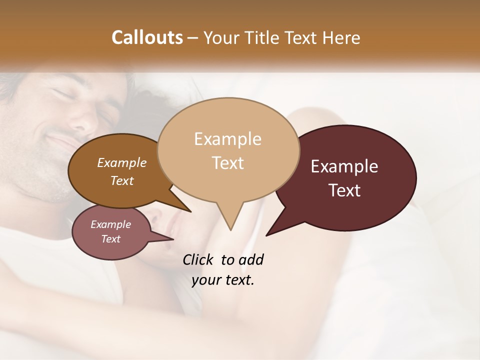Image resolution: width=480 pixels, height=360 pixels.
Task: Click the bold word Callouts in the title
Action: pyautogui.click(x=147, y=37)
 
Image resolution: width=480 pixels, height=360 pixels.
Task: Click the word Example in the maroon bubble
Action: pyautogui.click(x=344, y=166)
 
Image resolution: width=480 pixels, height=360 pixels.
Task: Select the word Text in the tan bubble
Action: pyautogui.click(x=228, y=163)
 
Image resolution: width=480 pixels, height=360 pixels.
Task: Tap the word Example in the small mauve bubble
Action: pyautogui.click(x=110, y=224)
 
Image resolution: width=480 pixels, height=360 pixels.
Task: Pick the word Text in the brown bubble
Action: pyautogui.click(x=122, y=180)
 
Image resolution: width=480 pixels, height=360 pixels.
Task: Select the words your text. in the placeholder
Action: pyautogui.click(x=223, y=280)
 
